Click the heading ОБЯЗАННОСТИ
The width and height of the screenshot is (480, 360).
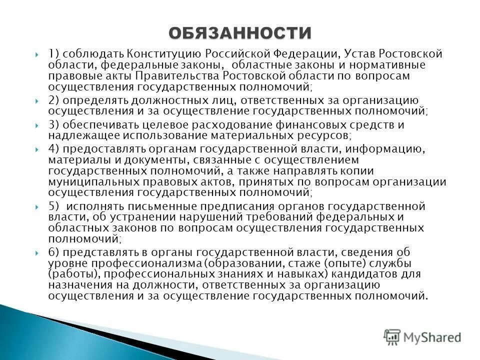click(240, 32)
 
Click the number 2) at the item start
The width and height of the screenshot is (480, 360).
click(54, 100)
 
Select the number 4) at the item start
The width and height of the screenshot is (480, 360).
click(54, 149)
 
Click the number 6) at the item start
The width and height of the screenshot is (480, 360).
click(54, 252)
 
